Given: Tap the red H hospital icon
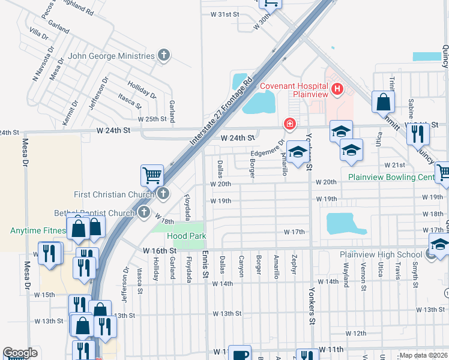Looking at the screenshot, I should pos(337,90).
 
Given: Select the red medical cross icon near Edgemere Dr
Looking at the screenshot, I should pos(290,124).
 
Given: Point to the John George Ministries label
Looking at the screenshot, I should pos(111,56).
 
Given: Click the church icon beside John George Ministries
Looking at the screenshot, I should pos(163,56).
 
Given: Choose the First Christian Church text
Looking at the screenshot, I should pos(113,194).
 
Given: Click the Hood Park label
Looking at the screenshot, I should pos(186,236).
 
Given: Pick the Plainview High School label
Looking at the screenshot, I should pos(381,254).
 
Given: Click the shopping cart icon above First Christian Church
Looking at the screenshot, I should pos(152,176).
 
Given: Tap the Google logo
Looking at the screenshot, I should pos(20,353).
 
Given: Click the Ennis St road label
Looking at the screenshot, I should pos(205,264).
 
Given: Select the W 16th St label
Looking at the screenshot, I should pos(160,250).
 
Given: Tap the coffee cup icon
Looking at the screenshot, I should pos(240,354).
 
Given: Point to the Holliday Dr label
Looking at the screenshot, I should pos(142,90).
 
